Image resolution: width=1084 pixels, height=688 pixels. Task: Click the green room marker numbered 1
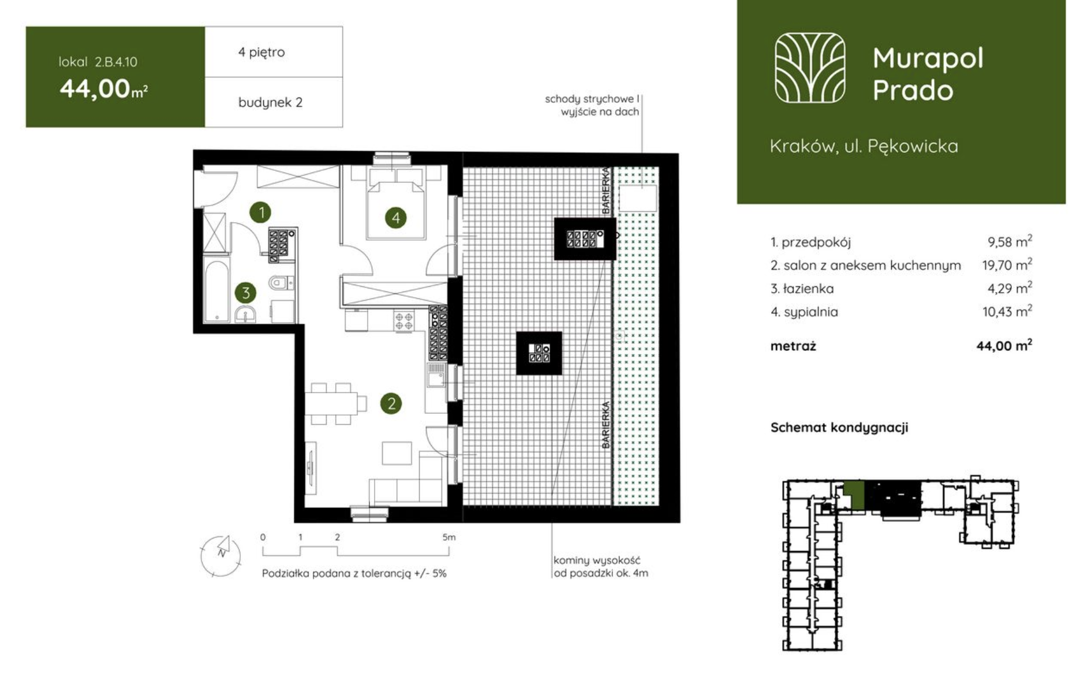(261, 212)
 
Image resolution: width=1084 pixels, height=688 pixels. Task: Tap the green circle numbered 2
(391, 403)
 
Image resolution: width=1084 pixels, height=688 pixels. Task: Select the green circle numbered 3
(245, 293)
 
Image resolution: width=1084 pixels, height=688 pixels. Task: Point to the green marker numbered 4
(395, 218)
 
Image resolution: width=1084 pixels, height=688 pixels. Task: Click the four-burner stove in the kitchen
(404, 321)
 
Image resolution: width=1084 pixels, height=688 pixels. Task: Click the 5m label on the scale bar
(448, 537)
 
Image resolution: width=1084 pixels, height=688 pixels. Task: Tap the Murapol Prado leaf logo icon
(809, 68)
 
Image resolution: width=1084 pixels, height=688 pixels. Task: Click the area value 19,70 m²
(1007, 265)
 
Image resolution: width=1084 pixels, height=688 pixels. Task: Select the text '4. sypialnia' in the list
(804, 312)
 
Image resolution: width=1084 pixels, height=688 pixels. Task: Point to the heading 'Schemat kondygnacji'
(839, 427)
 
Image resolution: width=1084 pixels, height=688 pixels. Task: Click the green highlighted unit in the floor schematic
(854, 495)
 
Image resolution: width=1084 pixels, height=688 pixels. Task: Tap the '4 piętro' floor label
(261, 52)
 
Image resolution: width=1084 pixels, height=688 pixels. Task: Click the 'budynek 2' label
(270, 102)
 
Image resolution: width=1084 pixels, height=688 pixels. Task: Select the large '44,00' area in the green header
(95, 88)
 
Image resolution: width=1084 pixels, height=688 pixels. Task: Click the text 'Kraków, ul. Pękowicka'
(864, 146)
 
